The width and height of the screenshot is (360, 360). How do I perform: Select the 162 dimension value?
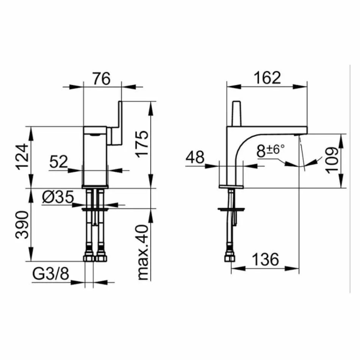[267, 78]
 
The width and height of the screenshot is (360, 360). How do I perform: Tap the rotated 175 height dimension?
[141, 144]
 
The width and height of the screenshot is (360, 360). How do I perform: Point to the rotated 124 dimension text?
[23, 157]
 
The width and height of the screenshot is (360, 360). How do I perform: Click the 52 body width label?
[58, 162]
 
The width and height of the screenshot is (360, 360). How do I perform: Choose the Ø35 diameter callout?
[58, 197]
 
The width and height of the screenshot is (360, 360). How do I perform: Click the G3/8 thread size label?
[50, 274]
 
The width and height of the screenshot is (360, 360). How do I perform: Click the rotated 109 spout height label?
[332, 160]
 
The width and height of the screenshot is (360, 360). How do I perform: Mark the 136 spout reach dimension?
[266, 260]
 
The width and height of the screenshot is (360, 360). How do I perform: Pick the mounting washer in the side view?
[232, 209]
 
